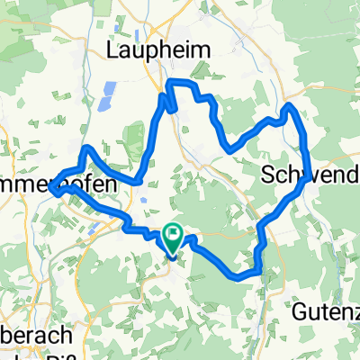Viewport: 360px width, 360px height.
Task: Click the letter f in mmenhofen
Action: [85, 185]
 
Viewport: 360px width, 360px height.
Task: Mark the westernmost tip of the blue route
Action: [52, 188]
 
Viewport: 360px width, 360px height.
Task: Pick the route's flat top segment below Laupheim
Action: [180, 83]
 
